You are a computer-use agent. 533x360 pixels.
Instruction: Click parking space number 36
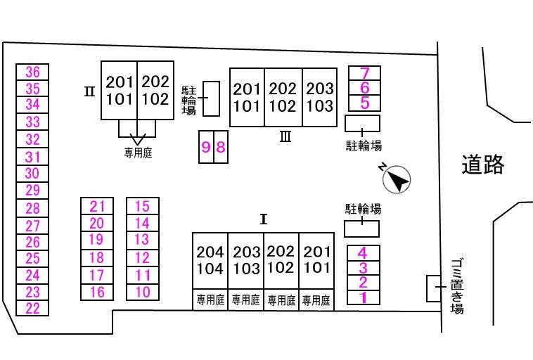click(x=32, y=71)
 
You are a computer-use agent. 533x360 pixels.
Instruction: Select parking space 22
click(x=32, y=308)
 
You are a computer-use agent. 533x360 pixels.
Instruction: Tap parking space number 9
click(x=206, y=147)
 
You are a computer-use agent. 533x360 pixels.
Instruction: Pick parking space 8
click(x=221, y=147)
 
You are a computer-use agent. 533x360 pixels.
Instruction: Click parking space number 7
click(x=364, y=72)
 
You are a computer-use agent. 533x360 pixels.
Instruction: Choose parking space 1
click(x=364, y=297)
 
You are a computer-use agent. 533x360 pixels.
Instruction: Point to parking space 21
click(x=97, y=206)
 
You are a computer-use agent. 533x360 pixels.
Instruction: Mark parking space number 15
click(x=143, y=206)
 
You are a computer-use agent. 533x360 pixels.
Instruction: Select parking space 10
click(x=143, y=292)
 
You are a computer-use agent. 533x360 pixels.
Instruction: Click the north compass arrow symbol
click(x=397, y=179)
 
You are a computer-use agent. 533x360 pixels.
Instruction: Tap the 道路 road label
click(x=483, y=165)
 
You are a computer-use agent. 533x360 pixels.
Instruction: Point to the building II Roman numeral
click(x=89, y=91)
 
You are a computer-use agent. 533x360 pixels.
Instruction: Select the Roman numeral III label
click(x=285, y=137)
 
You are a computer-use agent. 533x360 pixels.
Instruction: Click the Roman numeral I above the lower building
click(x=264, y=219)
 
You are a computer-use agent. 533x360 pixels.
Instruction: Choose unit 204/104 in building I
click(x=210, y=260)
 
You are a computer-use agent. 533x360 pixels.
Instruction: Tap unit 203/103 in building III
click(x=320, y=98)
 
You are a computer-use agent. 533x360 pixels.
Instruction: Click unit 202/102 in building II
click(x=155, y=91)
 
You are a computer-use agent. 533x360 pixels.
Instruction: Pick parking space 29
click(x=32, y=191)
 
